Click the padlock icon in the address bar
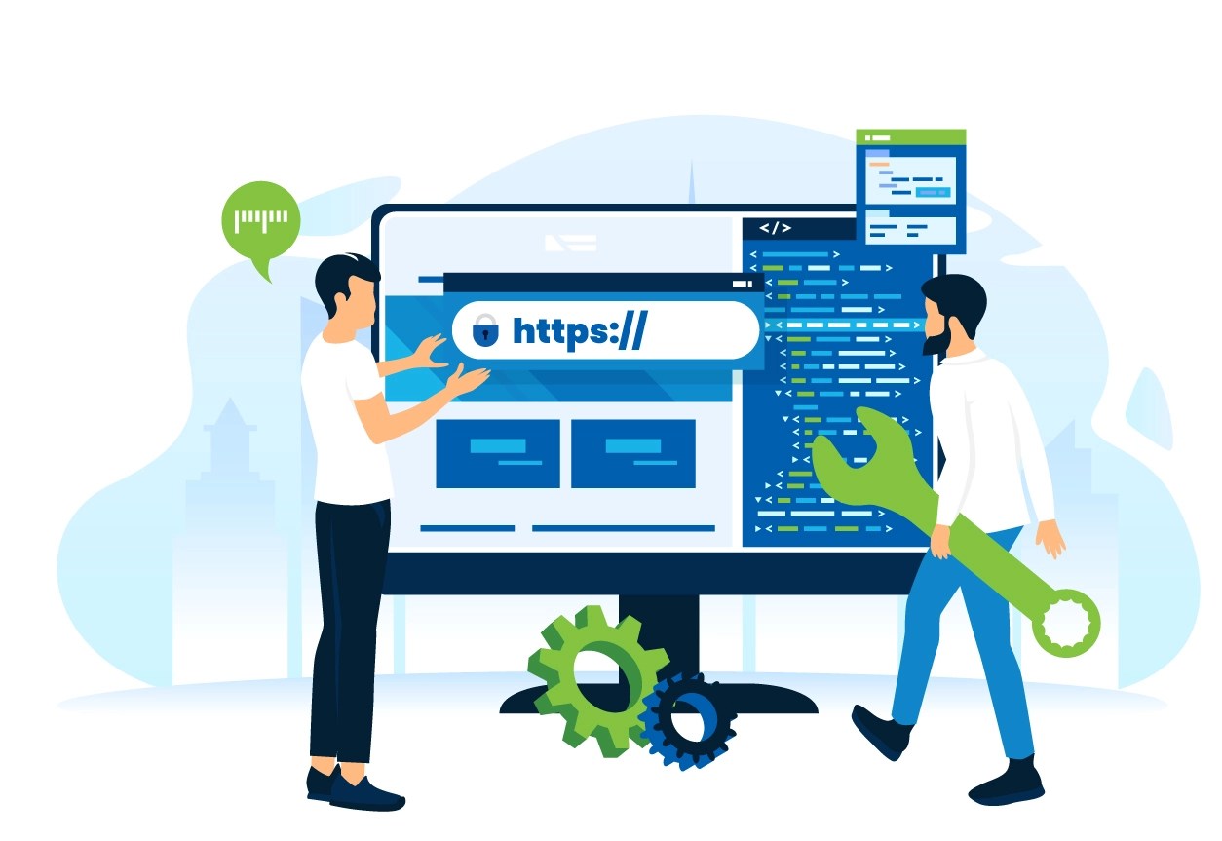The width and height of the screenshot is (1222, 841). [x=484, y=332]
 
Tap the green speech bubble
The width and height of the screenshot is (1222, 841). [x=260, y=220]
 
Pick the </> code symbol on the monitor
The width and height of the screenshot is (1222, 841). [x=776, y=228]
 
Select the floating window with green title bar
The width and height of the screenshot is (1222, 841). [x=910, y=190]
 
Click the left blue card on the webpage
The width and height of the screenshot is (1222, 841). [x=498, y=453]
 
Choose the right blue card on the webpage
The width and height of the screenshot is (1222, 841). [x=633, y=453]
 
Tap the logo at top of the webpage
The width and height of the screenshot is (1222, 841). [x=570, y=242]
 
